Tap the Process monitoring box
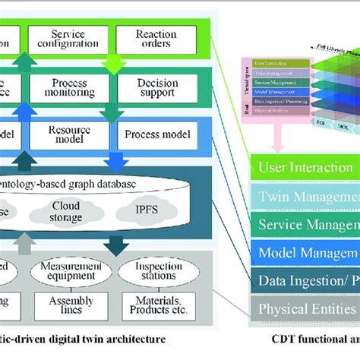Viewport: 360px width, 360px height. (x=68, y=87)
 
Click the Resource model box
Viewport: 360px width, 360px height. (x=68, y=135)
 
